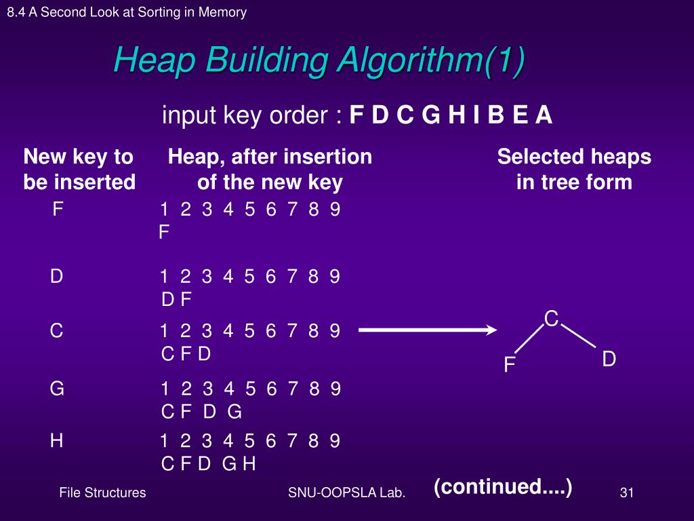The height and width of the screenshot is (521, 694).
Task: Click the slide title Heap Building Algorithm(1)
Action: point(319,61)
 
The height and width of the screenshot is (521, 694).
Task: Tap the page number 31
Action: point(626,493)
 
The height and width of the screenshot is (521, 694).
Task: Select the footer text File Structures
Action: point(102,493)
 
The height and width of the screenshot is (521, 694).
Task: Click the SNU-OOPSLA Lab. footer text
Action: point(346,493)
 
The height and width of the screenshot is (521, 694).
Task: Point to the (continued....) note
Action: point(503,486)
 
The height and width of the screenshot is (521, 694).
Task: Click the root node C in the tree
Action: point(551,318)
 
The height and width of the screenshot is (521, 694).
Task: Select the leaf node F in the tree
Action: point(510,366)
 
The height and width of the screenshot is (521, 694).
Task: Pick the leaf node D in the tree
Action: point(609,360)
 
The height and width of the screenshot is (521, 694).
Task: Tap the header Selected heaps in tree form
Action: point(574,170)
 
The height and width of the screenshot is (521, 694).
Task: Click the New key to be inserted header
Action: point(79,170)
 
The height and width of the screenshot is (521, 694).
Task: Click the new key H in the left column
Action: point(57,441)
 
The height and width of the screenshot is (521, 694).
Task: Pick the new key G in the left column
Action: point(57,389)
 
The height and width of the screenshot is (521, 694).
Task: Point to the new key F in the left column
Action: point(58,209)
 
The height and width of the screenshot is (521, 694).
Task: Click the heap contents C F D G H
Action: point(208,464)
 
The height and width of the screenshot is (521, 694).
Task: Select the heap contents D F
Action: point(177,299)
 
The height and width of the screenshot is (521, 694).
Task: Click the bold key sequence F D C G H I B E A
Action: point(451,116)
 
